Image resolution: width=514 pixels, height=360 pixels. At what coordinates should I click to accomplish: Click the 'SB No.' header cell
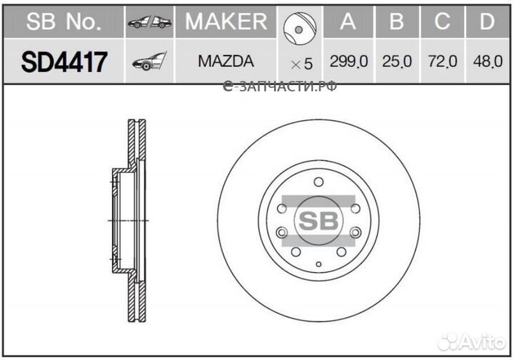(64, 21)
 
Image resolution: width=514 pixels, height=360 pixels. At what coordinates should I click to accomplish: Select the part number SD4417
(64, 62)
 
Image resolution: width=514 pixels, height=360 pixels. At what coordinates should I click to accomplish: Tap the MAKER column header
(226, 21)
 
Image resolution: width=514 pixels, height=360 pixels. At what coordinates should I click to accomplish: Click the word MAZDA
(226, 62)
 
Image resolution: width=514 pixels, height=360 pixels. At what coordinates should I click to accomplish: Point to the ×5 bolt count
(301, 64)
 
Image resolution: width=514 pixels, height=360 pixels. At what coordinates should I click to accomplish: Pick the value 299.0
(348, 62)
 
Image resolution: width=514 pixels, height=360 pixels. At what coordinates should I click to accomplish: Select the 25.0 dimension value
(397, 62)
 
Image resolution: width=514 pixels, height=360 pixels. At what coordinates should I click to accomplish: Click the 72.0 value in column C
(442, 62)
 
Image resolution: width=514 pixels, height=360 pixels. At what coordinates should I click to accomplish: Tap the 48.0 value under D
(487, 62)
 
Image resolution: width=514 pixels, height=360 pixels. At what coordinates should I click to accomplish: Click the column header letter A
(348, 21)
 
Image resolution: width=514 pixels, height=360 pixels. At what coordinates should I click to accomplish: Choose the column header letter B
(397, 21)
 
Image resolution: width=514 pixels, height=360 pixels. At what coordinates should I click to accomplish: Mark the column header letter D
(487, 21)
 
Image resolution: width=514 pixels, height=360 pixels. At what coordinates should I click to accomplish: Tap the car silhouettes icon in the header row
(149, 23)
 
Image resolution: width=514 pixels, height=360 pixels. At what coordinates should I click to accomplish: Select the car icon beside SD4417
(149, 62)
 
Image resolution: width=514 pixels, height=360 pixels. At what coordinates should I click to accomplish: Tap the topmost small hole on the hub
(318, 181)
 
